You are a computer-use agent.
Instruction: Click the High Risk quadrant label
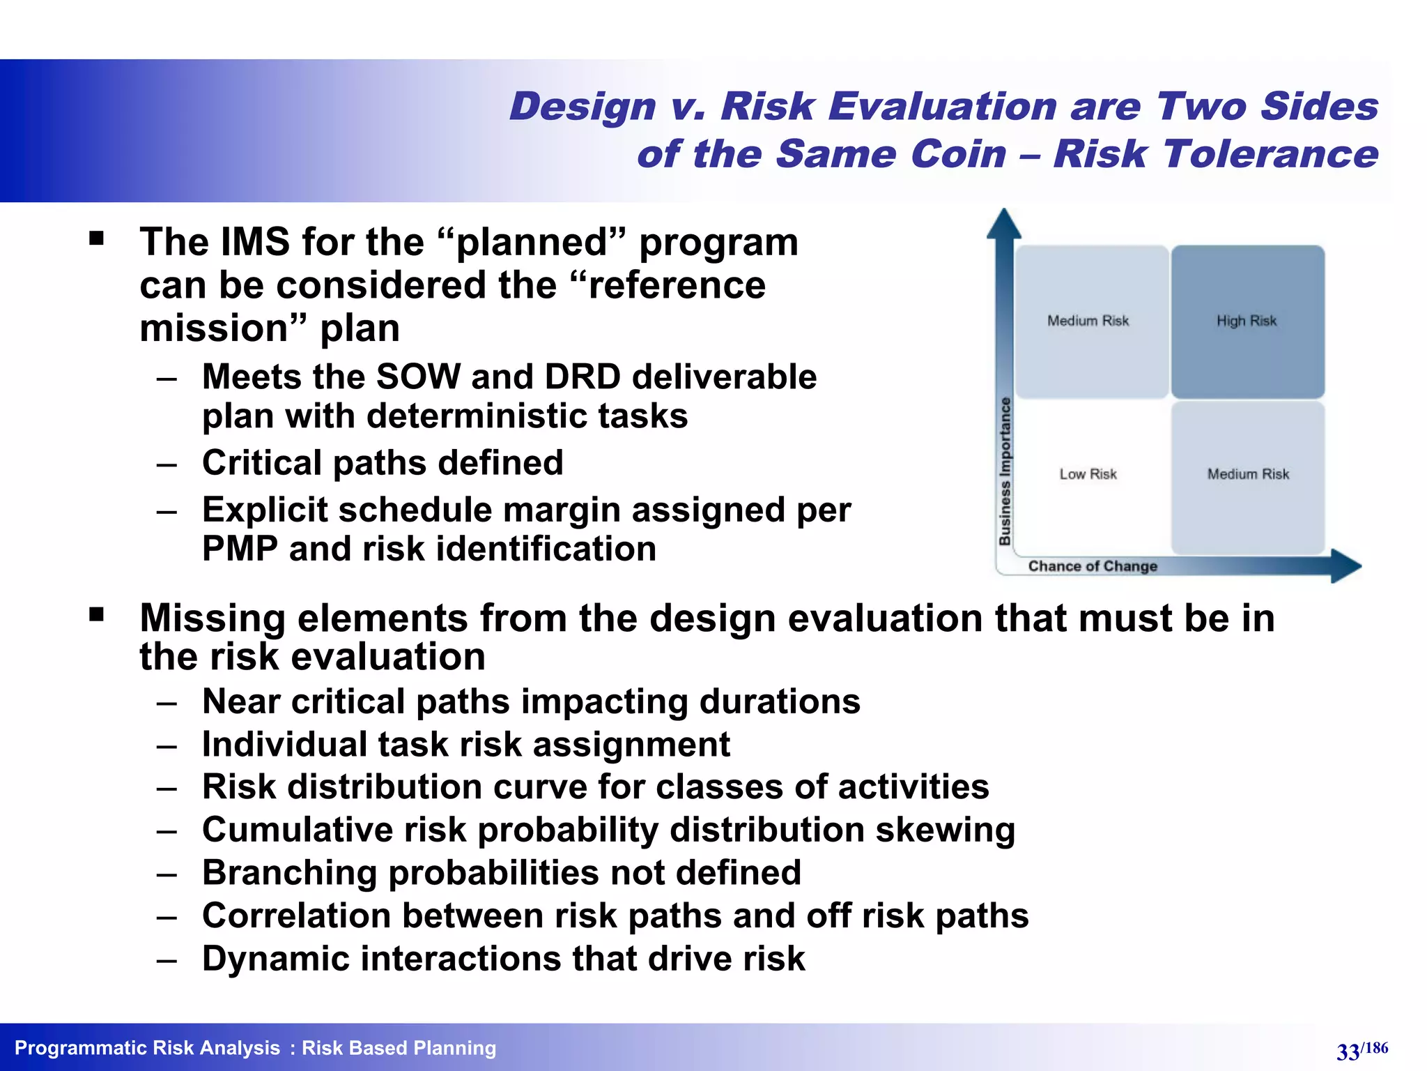click(x=1246, y=321)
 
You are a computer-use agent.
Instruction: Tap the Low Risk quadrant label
click(x=1088, y=474)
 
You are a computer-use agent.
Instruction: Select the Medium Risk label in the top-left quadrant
click(x=1088, y=321)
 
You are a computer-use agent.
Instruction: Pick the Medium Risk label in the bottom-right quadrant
click(x=1248, y=474)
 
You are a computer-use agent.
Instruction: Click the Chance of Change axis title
click(x=1092, y=566)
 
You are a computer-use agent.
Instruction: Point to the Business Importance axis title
click(x=1005, y=471)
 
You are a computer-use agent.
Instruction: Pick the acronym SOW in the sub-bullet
click(x=418, y=377)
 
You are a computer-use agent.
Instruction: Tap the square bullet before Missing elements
click(x=97, y=614)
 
